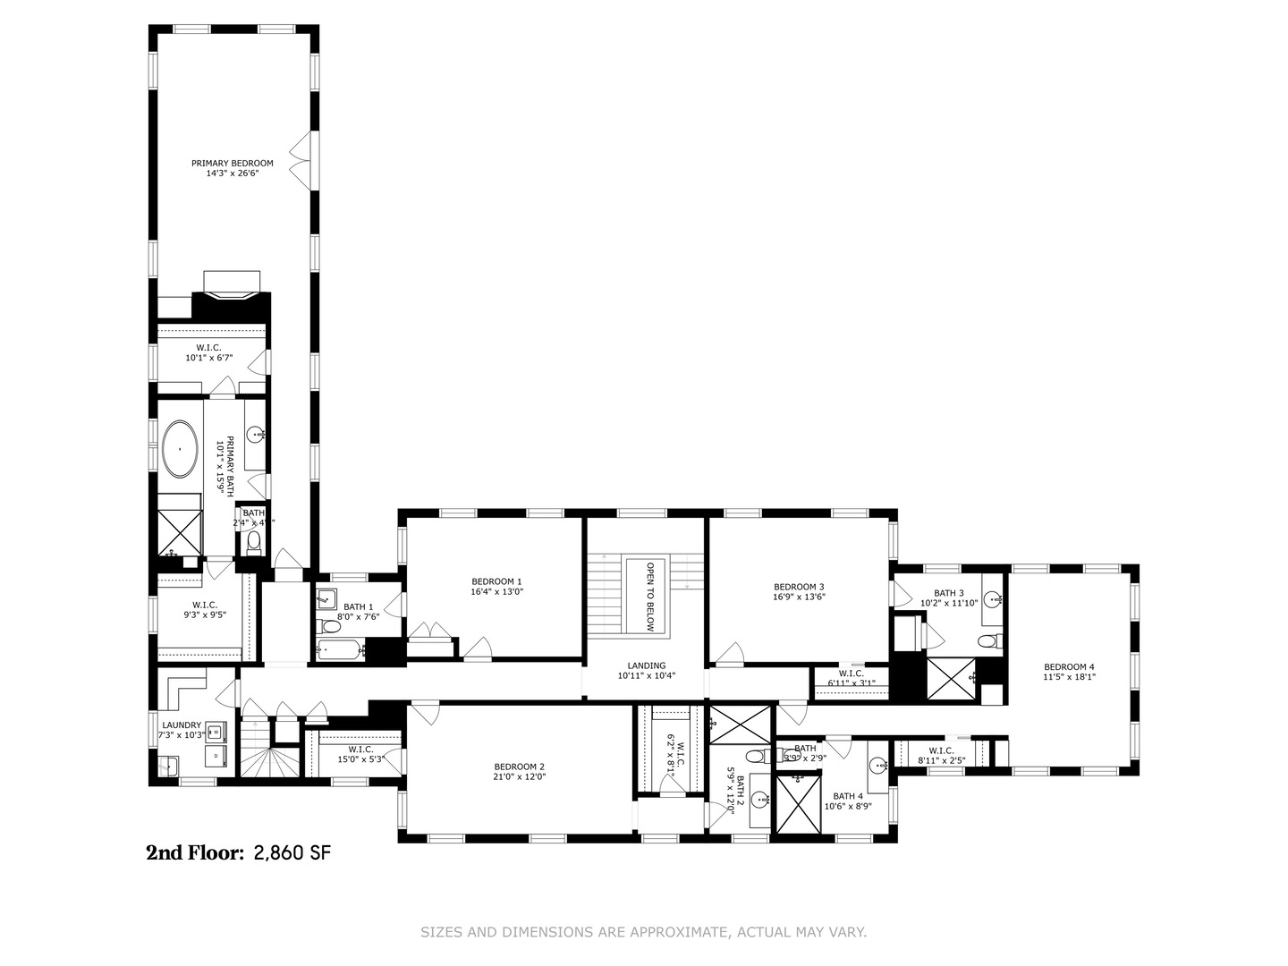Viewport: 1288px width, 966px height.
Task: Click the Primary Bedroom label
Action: [232, 164]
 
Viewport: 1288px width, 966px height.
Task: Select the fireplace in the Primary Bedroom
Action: [232, 294]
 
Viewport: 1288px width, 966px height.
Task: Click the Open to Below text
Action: [650, 597]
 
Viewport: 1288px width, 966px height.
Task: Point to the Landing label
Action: [646, 665]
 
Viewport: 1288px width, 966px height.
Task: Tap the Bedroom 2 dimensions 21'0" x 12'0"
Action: [520, 777]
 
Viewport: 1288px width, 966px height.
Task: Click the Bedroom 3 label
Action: [799, 587]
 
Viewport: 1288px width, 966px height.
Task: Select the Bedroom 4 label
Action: [1069, 666]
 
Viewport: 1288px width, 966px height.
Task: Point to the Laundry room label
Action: [182, 725]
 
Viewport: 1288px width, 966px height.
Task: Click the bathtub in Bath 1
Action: [341, 650]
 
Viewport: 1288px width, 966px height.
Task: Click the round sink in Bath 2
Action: [759, 801]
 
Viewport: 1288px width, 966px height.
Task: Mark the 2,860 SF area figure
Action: [292, 853]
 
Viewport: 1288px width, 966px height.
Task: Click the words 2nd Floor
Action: [195, 853]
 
